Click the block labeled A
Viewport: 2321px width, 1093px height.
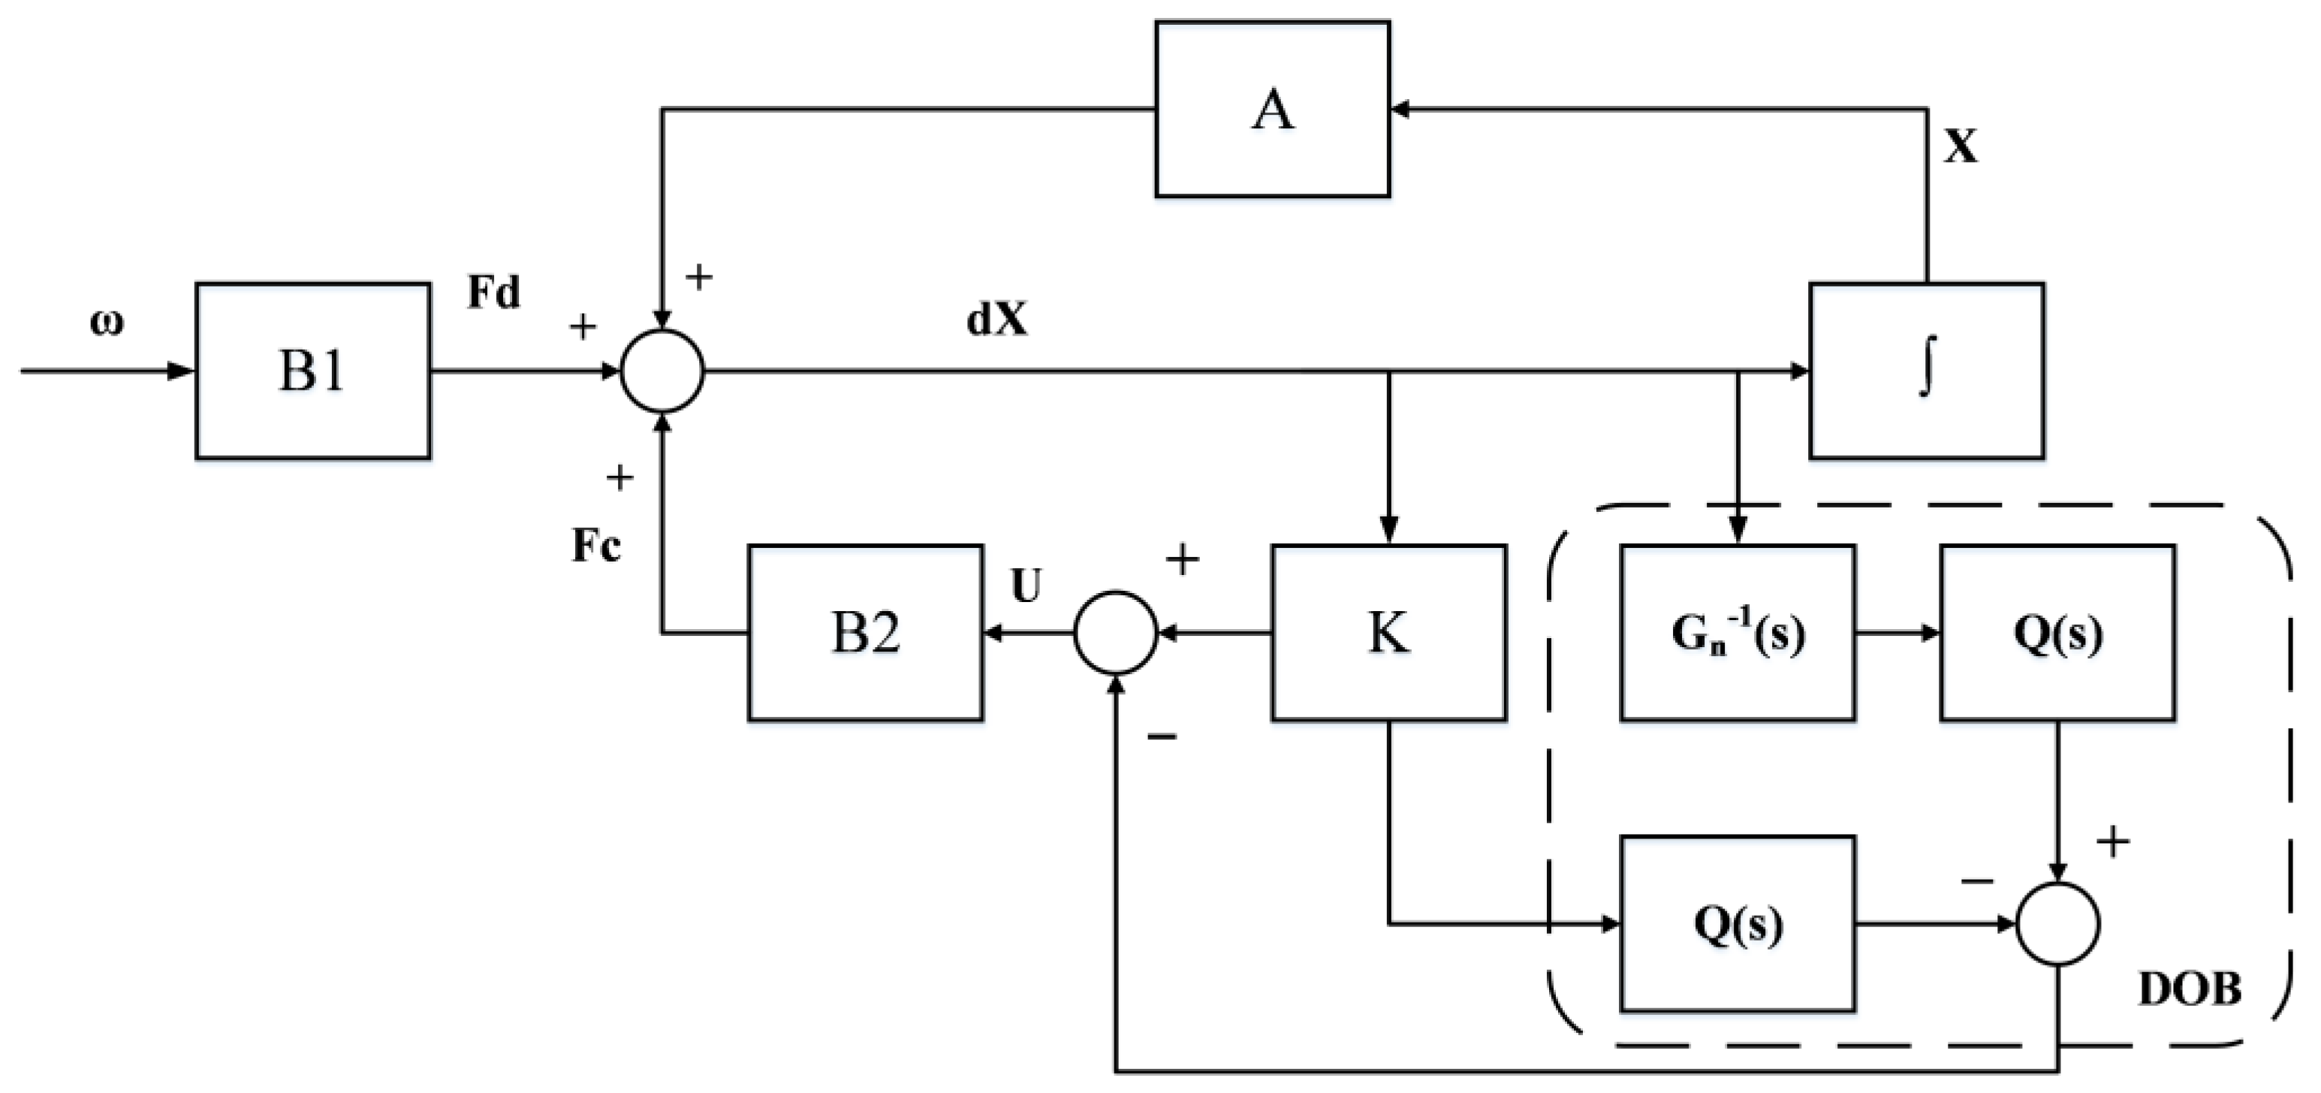tap(1271, 109)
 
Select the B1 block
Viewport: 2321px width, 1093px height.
tap(312, 370)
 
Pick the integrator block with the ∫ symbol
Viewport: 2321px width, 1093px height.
tap(1925, 370)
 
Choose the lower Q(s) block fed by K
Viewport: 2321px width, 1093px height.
tap(1736, 923)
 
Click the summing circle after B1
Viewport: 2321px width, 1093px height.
tap(662, 370)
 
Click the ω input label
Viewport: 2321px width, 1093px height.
tap(107, 323)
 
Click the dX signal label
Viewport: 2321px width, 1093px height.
tap(996, 320)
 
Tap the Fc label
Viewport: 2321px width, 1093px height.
tap(596, 545)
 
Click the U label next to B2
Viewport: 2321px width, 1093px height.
tap(1026, 586)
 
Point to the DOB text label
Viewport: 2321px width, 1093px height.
tap(2190, 989)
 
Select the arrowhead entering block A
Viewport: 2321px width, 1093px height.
tap(1399, 109)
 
